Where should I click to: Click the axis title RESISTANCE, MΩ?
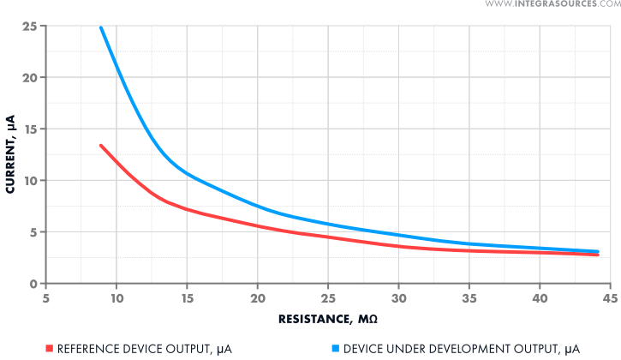coord(328,320)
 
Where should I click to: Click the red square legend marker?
coord(49,348)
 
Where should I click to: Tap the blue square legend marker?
coord(334,348)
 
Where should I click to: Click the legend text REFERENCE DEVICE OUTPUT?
coord(144,348)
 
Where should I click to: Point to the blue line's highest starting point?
coord(101,27)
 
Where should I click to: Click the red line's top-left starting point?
coord(101,146)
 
